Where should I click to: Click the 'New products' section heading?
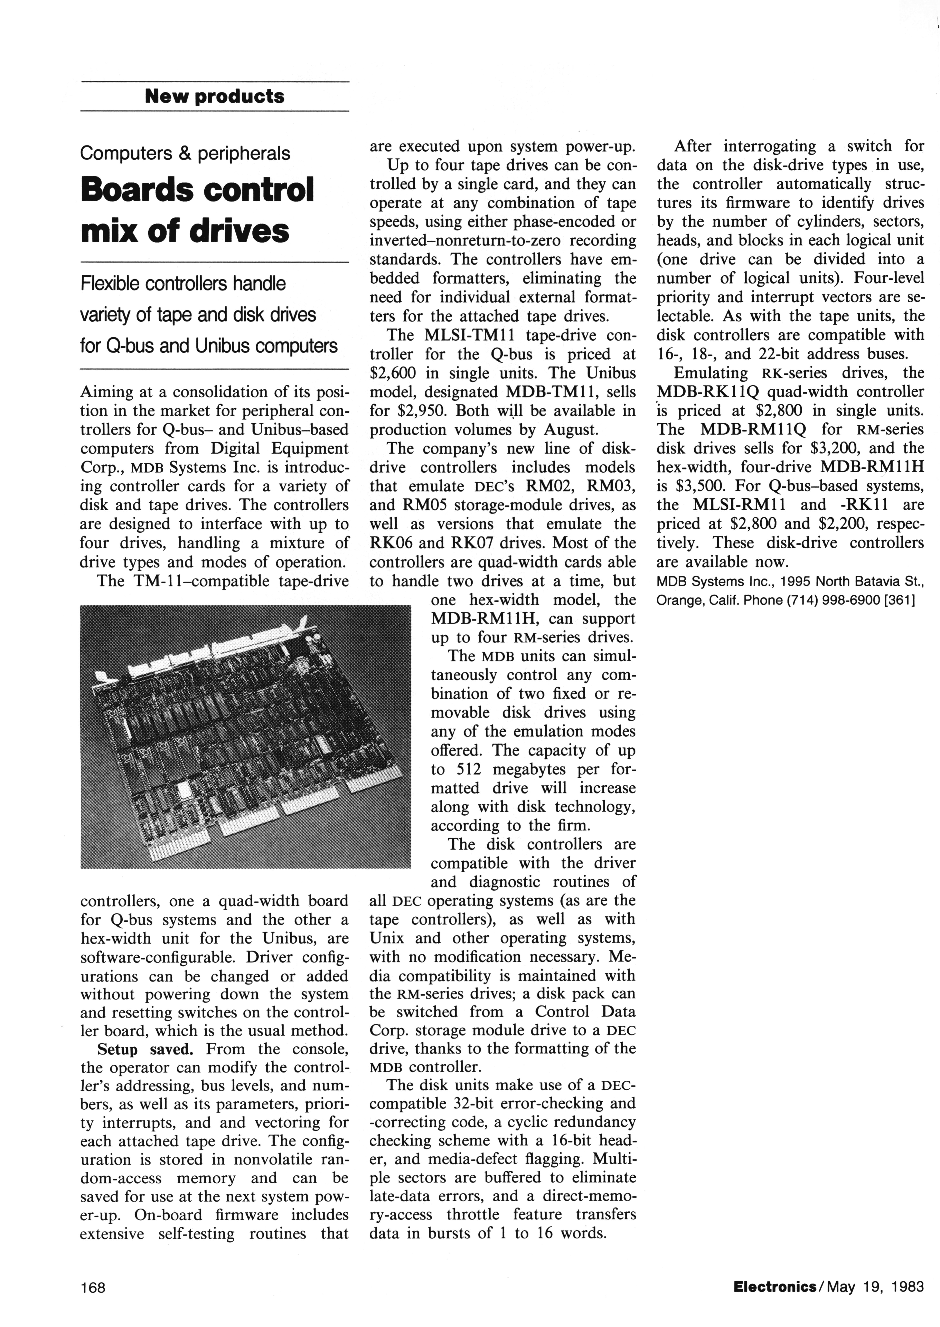(x=215, y=96)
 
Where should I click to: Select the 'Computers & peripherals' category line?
(x=185, y=153)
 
